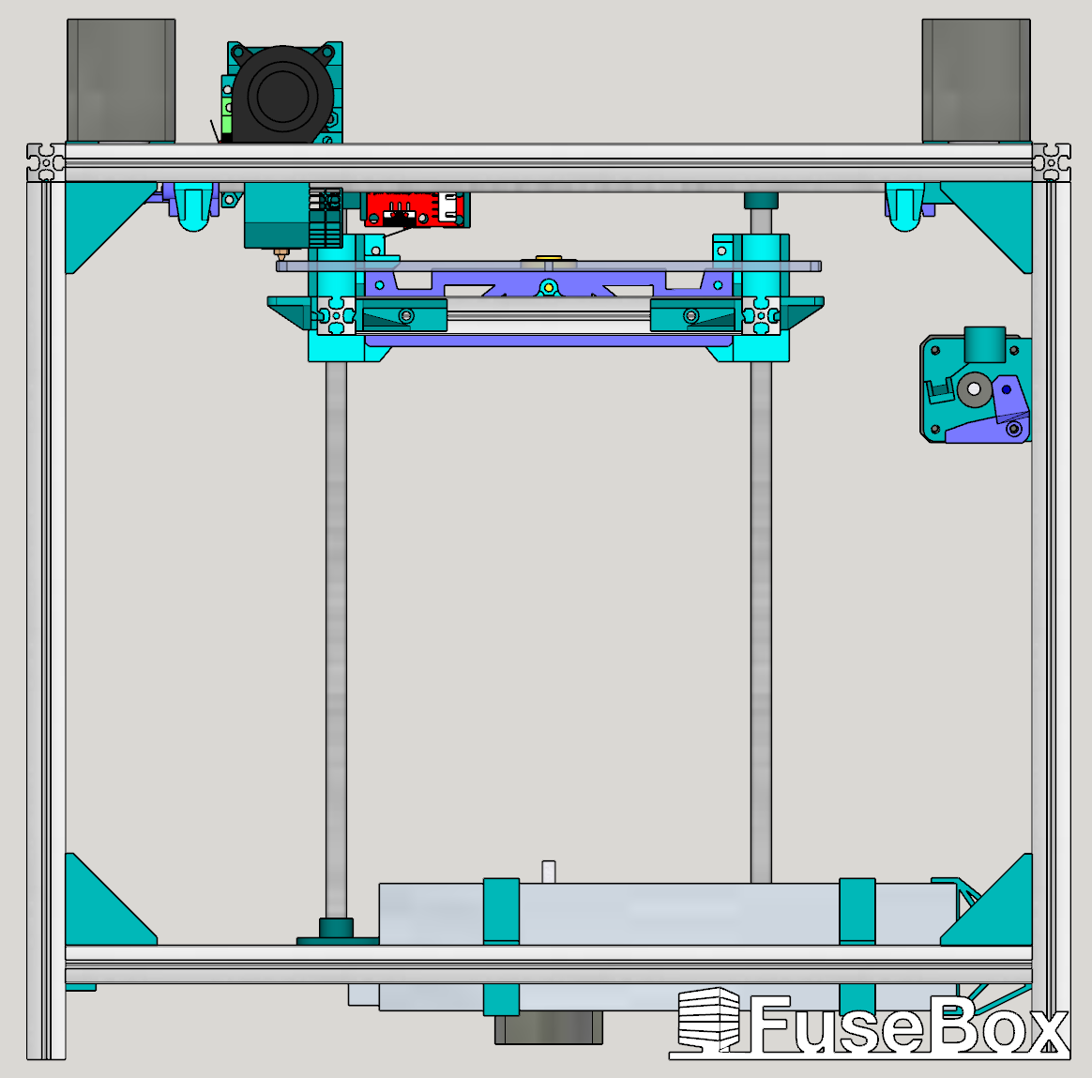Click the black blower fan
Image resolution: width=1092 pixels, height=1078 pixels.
[x=282, y=95]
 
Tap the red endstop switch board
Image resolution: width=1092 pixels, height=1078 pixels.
[x=416, y=209]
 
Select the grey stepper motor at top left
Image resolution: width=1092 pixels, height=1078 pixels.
[x=121, y=81]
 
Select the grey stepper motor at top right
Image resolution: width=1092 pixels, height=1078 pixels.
[x=976, y=81]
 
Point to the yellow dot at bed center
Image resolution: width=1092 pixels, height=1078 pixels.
[x=549, y=287]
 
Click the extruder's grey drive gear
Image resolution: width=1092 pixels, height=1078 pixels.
[x=975, y=388]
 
